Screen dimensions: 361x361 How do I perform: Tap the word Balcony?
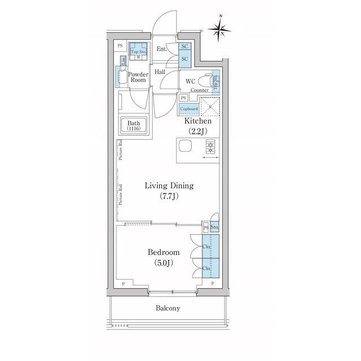pyautogui.click(x=168, y=308)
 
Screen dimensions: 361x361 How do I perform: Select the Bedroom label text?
pyautogui.click(x=164, y=252)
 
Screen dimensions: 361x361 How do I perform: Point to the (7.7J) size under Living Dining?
pyautogui.click(x=169, y=196)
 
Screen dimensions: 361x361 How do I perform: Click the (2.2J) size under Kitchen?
pyautogui.click(x=197, y=131)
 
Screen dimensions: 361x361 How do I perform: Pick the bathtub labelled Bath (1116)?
pyautogui.click(x=134, y=126)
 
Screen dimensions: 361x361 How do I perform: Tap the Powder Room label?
pyautogui.click(x=138, y=77)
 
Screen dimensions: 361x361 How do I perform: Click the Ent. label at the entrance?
pyautogui.click(x=161, y=50)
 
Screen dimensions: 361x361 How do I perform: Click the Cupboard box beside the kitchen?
pyautogui.click(x=188, y=109)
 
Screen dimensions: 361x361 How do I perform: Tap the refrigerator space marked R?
pyautogui.click(x=210, y=107)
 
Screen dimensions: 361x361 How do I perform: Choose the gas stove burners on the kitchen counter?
pyautogui.click(x=210, y=148)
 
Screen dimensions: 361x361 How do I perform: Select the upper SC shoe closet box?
pyautogui.click(x=184, y=47)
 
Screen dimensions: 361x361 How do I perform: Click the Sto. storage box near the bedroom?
pyautogui.click(x=214, y=227)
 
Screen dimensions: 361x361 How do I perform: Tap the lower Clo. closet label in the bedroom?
pyautogui.click(x=206, y=270)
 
